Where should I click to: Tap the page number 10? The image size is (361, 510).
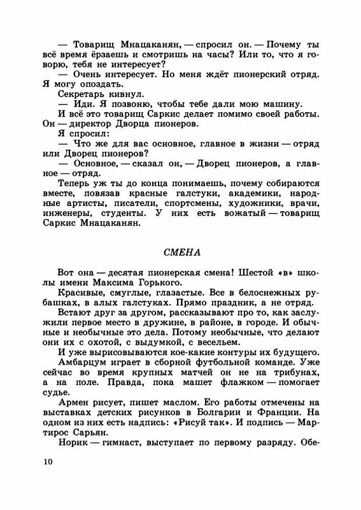coord(45,461)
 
